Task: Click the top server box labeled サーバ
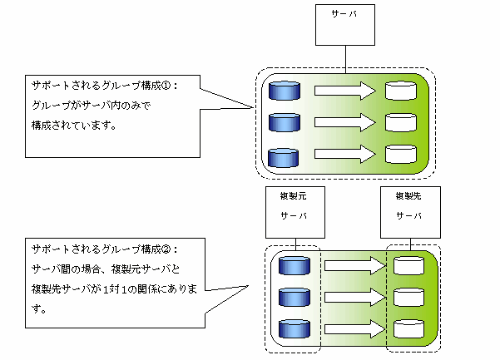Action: tap(344, 25)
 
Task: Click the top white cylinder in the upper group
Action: tap(401, 91)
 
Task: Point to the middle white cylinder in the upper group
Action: tap(401, 123)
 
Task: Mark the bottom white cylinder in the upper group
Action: tap(401, 155)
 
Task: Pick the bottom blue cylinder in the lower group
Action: tap(295, 329)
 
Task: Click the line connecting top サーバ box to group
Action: tap(344, 57)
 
